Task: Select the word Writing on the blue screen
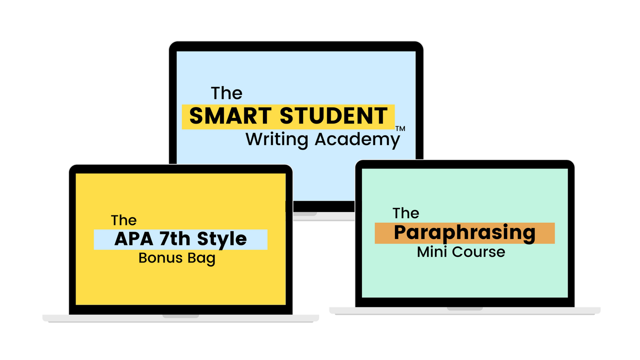(276, 139)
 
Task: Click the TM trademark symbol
(399, 129)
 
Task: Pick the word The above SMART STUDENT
(226, 93)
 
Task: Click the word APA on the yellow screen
(133, 239)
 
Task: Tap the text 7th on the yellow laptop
(174, 239)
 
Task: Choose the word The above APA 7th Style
(123, 220)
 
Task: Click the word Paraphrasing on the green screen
(464, 233)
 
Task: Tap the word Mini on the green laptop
(431, 251)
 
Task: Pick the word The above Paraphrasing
(405, 213)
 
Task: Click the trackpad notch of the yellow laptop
(180, 315)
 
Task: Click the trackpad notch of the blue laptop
(305, 214)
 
